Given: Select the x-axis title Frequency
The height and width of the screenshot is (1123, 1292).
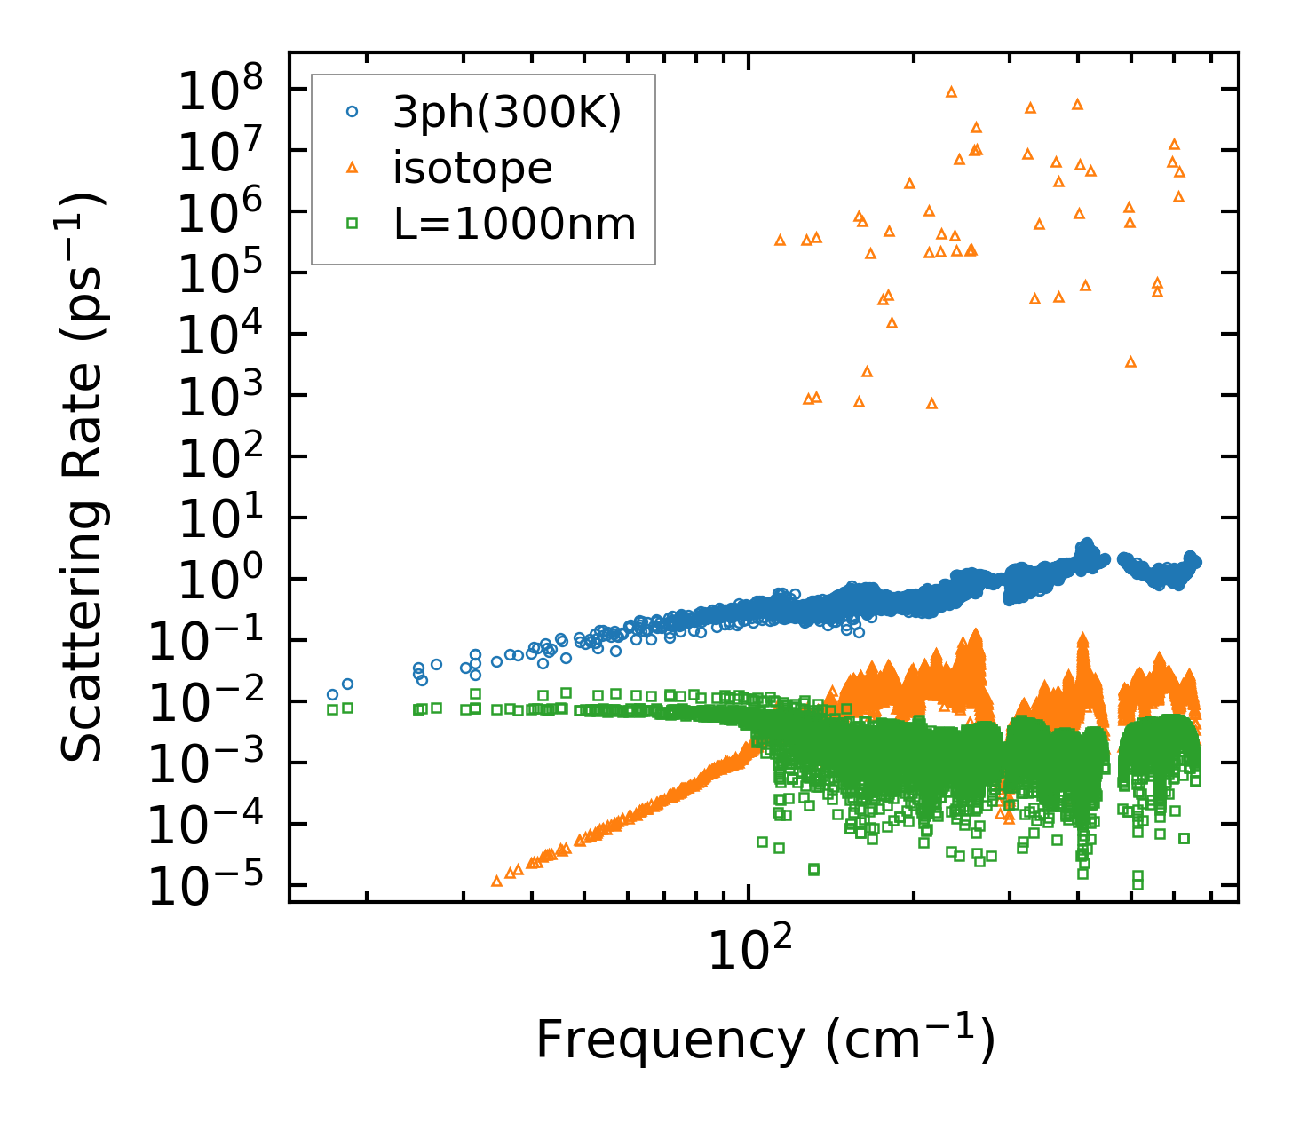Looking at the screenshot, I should tap(764, 1040).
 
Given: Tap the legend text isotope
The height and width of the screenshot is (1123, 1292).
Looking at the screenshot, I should tap(472, 168).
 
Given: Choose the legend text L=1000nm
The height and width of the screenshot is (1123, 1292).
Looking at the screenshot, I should tap(515, 224).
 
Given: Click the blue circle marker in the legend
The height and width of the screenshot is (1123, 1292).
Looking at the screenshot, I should tap(353, 112).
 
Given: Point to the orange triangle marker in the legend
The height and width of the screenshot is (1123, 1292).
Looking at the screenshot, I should tap(353, 167).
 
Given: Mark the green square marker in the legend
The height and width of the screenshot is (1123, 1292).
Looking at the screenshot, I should tap(353, 224).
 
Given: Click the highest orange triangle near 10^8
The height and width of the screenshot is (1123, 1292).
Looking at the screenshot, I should tap(951, 91).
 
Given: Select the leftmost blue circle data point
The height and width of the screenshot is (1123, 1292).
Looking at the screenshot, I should tap(332, 694).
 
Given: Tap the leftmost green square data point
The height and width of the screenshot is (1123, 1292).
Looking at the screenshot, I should tap(332, 709).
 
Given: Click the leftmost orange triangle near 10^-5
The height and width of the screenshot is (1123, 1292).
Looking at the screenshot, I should tap(496, 881).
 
